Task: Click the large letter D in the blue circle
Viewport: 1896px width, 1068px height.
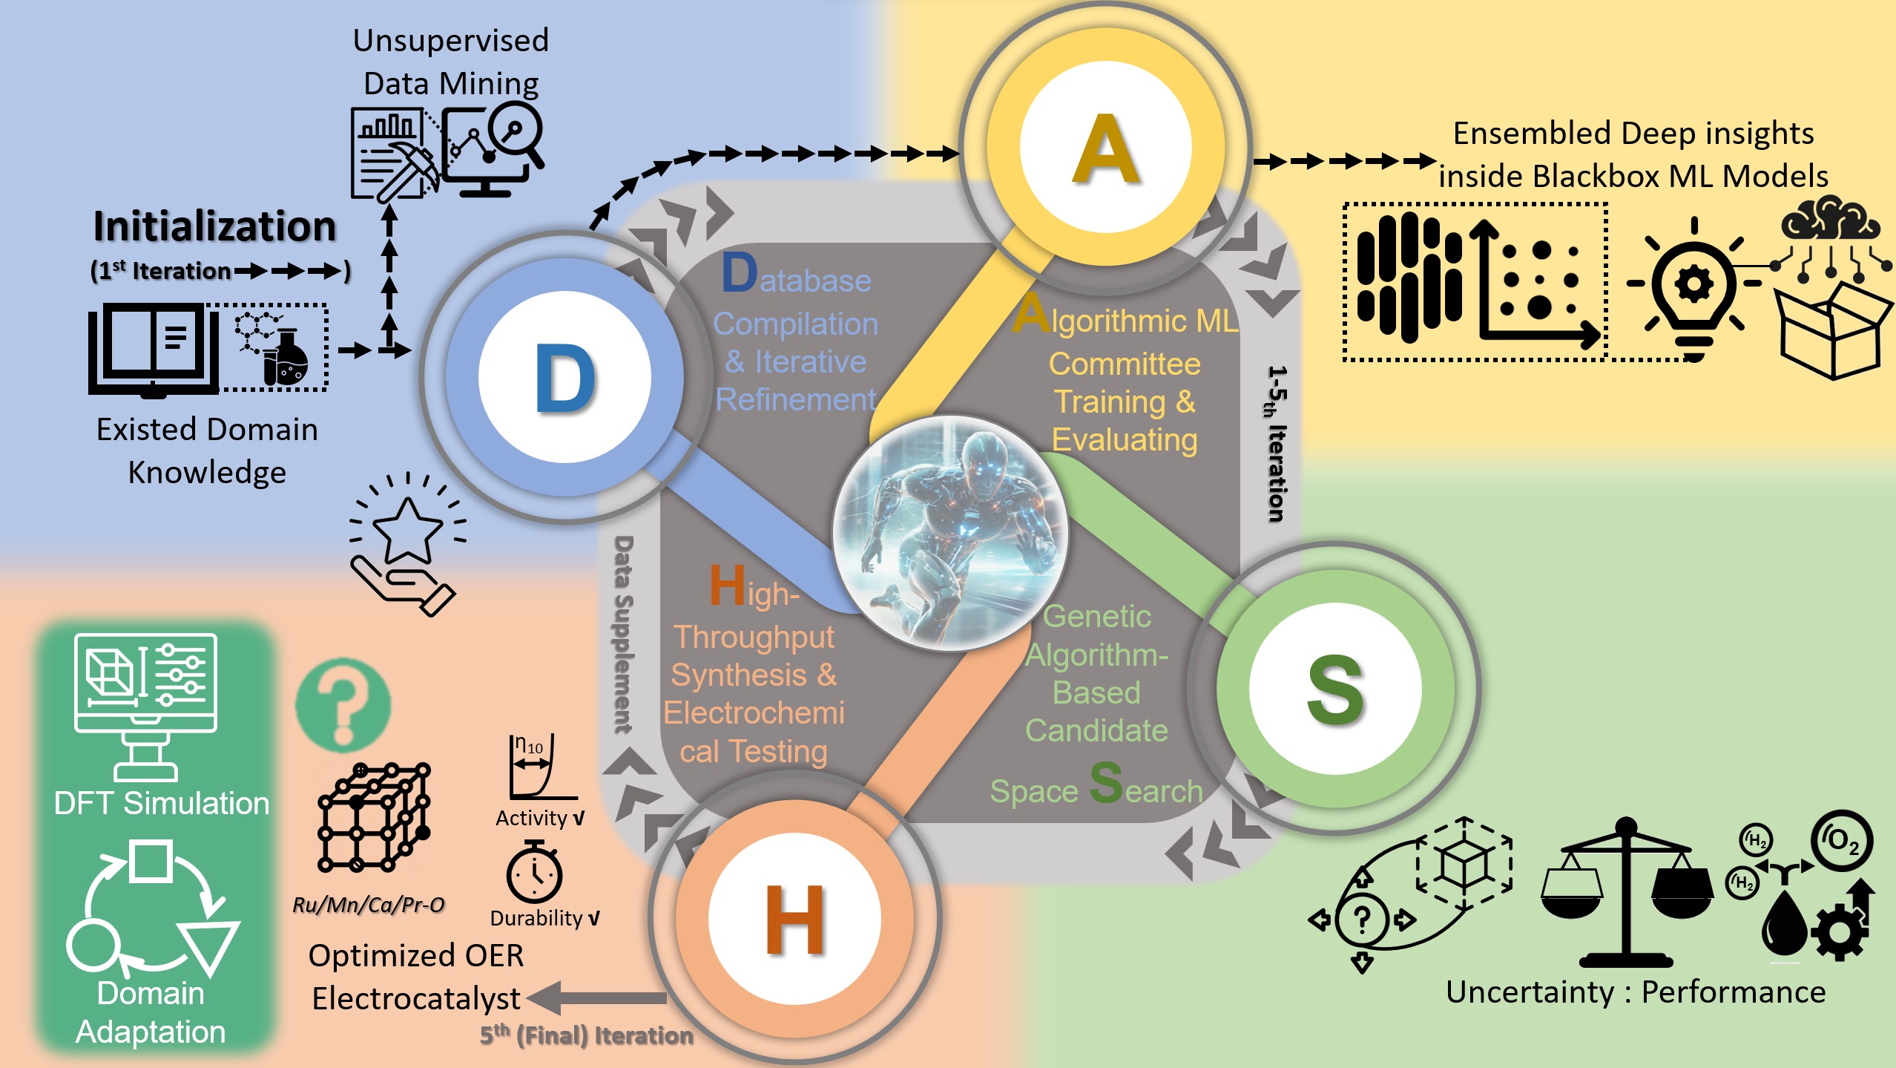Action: click(x=564, y=378)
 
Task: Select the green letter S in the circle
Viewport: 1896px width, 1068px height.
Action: click(x=1334, y=690)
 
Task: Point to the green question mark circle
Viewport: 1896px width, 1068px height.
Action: click(x=343, y=706)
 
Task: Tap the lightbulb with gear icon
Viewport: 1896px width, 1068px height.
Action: click(x=1693, y=290)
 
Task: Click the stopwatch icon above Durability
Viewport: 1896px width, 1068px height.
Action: click(x=534, y=874)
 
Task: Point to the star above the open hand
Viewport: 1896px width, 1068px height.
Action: click(x=407, y=529)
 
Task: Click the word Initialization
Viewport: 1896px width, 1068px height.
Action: click(x=214, y=226)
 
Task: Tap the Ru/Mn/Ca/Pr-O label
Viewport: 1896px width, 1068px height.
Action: click(x=369, y=905)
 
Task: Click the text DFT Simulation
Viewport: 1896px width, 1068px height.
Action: click(x=162, y=803)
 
